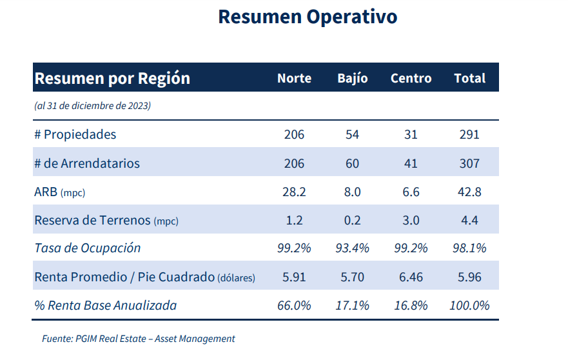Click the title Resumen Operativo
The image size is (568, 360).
click(x=308, y=17)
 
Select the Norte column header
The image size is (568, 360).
click(x=294, y=78)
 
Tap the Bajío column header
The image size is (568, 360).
click(x=353, y=78)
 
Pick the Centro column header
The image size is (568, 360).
click(x=411, y=78)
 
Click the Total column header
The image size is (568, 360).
click(x=469, y=78)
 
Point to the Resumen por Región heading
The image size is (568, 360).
click(x=112, y=78)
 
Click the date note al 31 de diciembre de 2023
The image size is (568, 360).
click(x=92, y=106)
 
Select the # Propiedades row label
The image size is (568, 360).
click(x=75, y=134)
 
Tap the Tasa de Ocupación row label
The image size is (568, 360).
click(x=87, y=248)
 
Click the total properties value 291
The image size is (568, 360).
click(x=469, y=134)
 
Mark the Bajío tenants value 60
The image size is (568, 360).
click(x=352, y=163)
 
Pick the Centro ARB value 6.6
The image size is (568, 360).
click(x=411, y=192)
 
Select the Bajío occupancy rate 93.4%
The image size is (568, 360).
click(x=352, y=248)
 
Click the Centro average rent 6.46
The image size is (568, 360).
click(x=411, y=277)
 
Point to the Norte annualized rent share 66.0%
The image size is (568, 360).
click(x=294, y=305)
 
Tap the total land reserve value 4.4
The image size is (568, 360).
click(x=469, y=220)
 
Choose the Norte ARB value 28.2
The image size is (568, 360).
click(x=294, y=192)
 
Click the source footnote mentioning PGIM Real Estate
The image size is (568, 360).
click(x=139, y=339)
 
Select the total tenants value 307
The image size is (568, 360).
click(x=469, y=163)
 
